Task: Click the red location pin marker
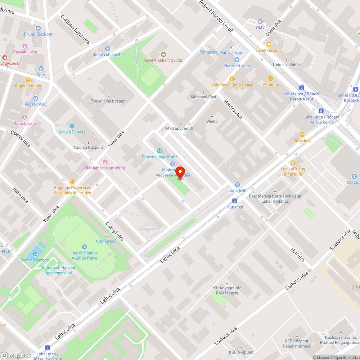coord(179,172)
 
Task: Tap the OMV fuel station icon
coord(260,22)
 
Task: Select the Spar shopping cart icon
coord(41,69)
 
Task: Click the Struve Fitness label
coord(72,132)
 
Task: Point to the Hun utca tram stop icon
coord(235,201)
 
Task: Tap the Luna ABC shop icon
coord(238,185)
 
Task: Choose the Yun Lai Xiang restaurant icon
coord(293,163)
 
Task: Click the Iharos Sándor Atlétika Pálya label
coord(84,256)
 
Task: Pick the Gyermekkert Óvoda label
coord(163,60)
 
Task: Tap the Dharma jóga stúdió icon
coord(159,151)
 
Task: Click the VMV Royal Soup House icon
coord(232,79)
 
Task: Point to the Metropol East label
coord(203,97)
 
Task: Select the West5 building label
coord(212,121)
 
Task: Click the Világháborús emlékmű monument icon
coord(105,162)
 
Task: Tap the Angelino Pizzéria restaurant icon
coord(72,182)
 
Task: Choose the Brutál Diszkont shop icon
coord(38,28)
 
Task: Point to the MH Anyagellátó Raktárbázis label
coord(227,290)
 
